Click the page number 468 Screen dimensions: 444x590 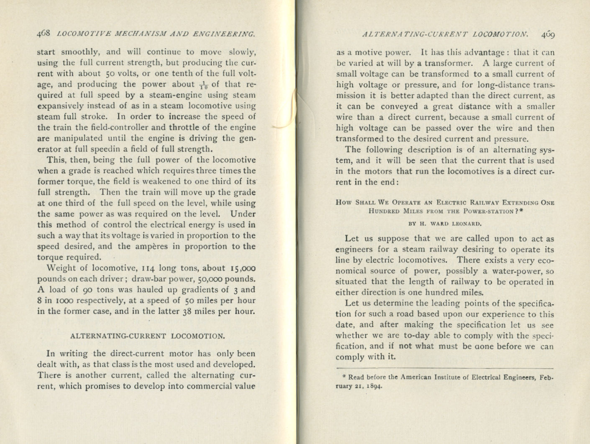[x=44, y=34]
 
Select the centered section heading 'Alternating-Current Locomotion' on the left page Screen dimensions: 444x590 [x=147, y=336]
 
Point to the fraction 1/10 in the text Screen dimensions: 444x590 [x=203, y=85]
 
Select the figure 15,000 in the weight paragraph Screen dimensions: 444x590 [x=243, y=268]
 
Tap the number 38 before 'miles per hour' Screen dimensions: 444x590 [x=187, y=311]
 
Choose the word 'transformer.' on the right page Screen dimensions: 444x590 [x=449, y=64]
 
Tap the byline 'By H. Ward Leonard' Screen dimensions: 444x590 [x=445, y=223]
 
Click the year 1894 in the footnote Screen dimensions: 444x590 [x=374, y=386]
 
